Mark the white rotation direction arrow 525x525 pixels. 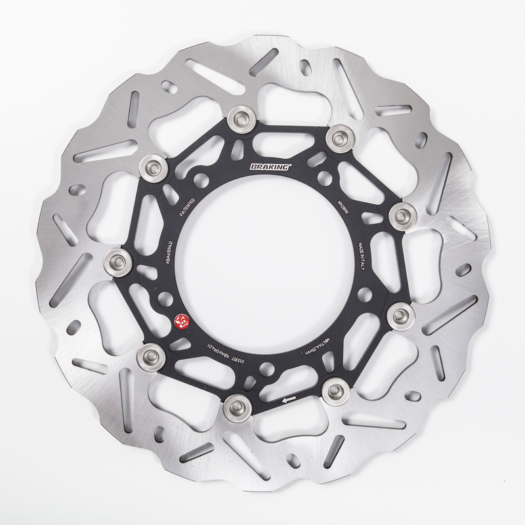point(286,397)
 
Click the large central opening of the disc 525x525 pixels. point(262,262)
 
